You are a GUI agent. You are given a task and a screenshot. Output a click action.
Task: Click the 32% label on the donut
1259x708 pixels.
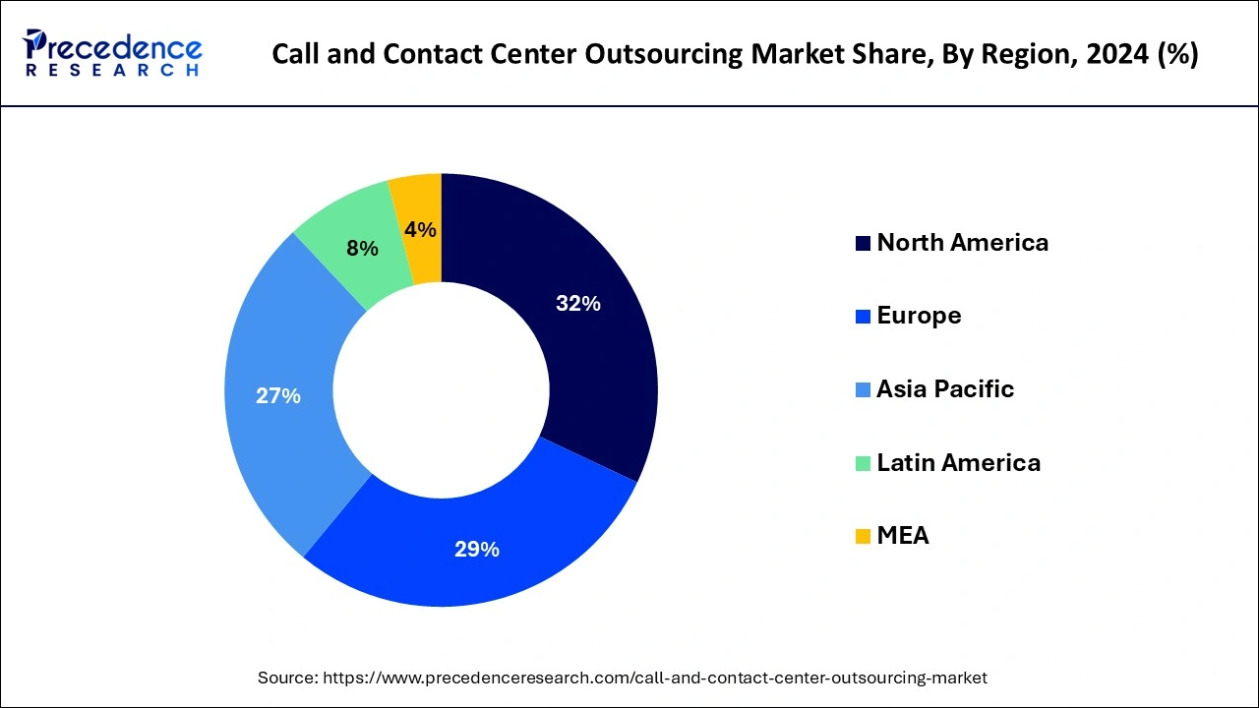tap(577, 304)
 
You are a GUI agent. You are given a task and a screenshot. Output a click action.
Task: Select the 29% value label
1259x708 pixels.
tap(476, 550)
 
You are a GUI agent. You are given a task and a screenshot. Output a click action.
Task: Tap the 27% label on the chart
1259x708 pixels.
tap(277, 396)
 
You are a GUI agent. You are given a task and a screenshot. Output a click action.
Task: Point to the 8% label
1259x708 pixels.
tap(362, 249)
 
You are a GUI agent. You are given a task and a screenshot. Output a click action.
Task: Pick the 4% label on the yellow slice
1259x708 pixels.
tap(420, 229)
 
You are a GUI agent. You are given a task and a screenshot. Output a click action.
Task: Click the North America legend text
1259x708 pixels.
tap(962, 243)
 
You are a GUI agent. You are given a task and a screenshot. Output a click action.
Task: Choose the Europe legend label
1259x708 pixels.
tap(919, 316)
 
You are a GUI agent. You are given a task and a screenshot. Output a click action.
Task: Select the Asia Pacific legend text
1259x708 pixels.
tap(944, 389)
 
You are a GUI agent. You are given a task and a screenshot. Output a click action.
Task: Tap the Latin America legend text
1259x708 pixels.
tap(958, 462)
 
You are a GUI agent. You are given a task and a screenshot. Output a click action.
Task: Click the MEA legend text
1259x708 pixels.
tap(902, 536)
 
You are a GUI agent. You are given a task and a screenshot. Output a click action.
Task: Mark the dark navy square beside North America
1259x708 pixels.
tap(863, 244)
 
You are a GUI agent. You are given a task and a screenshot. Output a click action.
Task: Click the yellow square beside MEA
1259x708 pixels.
tap(863, 537)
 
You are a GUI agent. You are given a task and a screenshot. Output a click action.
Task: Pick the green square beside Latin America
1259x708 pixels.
tap(863, 463)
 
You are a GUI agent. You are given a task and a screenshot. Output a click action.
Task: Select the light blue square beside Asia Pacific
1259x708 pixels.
tap(863, 390)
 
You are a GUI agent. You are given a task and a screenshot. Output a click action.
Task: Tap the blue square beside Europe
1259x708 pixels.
tap(863, 317)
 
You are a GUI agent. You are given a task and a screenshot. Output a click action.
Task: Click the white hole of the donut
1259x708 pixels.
tap(441, 389)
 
